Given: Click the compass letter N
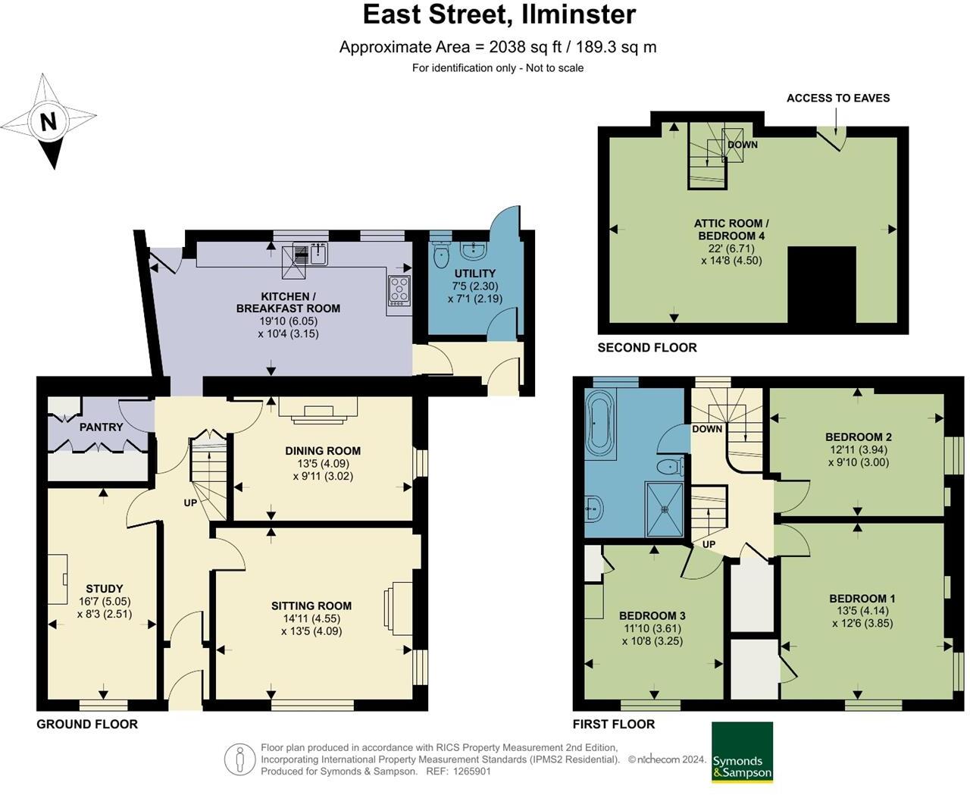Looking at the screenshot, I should click(48, 121).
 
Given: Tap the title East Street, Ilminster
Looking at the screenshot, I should click(499, 14).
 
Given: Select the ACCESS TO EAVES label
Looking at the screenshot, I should click(837, 98).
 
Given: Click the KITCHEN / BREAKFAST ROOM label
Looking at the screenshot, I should click(288, 302).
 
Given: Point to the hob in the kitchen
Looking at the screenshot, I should click(399, 289).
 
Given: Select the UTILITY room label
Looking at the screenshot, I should click(475, 274).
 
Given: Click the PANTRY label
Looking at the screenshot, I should click(101, 427).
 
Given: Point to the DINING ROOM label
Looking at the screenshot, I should click(323, 451).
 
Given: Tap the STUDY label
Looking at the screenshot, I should click(105, 589).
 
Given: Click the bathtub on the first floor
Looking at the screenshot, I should click(599, 421).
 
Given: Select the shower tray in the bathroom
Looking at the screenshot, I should click(665, 508).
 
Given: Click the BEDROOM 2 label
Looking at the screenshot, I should click(858, 437).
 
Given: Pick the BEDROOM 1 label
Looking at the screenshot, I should click(862, 599).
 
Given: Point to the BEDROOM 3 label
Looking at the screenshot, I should click(652, 615).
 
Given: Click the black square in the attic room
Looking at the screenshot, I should click(821, 285).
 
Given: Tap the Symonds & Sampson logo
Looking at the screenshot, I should click(742, 753).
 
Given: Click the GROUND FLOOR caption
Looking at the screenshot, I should click(87, 725).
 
